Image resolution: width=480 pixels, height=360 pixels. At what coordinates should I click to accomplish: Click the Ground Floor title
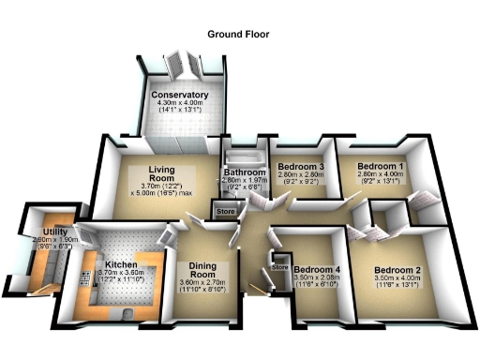click(x=239, y=34)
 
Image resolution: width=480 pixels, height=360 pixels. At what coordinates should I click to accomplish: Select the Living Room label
click(x=162, y=173)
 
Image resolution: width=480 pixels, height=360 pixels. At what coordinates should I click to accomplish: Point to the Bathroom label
click(x=244, y=172)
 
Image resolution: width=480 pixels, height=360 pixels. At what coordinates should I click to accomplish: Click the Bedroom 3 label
click(x=300, y=167)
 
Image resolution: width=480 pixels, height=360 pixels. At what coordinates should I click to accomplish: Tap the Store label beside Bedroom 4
click(x=279, y=267)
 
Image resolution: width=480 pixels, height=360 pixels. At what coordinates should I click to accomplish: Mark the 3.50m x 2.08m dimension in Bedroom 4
click(x=317, y=278)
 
